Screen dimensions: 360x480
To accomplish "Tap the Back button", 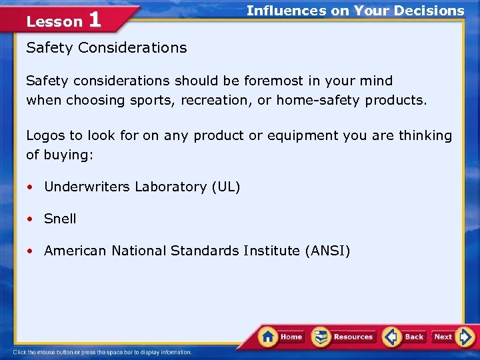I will tap(405, 337).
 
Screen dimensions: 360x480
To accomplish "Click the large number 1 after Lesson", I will tap(95, 19).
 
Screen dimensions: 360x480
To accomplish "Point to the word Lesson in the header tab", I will tap(54, 21).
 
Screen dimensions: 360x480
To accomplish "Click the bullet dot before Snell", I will tap(31, 219).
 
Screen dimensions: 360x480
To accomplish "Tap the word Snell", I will tap(60, 219).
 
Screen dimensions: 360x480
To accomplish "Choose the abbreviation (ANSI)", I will tap(327, 251).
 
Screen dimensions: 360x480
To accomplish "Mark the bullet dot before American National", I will tap(31, 251).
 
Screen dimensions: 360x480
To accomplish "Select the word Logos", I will tap(45, 136).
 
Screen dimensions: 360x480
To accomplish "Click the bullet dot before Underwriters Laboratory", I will tap(31, 187).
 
